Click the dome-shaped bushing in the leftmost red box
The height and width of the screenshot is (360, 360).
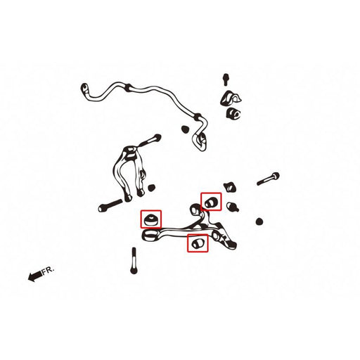tap(151, 219)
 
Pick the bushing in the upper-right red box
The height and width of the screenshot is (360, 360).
tap(210, 202)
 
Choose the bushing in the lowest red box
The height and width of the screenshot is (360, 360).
tap(198, 243)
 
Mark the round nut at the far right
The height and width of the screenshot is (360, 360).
tap(261, 222)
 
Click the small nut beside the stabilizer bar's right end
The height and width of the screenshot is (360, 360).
tap(185, 129)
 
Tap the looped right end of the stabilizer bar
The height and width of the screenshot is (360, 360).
tap(202, 140)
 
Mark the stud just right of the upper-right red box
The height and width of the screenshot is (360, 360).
tap(233, 207)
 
